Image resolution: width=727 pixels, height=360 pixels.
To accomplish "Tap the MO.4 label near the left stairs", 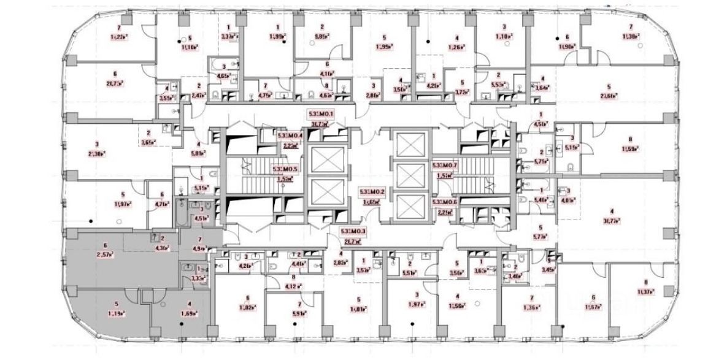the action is pyautogui.click(x=291, y=136).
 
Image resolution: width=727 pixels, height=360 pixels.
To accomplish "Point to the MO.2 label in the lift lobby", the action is pyautogui.click(x=372, y=192).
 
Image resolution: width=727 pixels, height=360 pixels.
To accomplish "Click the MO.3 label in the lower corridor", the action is pyautogui.click(x=353, y=231).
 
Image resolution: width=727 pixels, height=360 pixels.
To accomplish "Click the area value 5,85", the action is pyautogui.click(x=322, y=36).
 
